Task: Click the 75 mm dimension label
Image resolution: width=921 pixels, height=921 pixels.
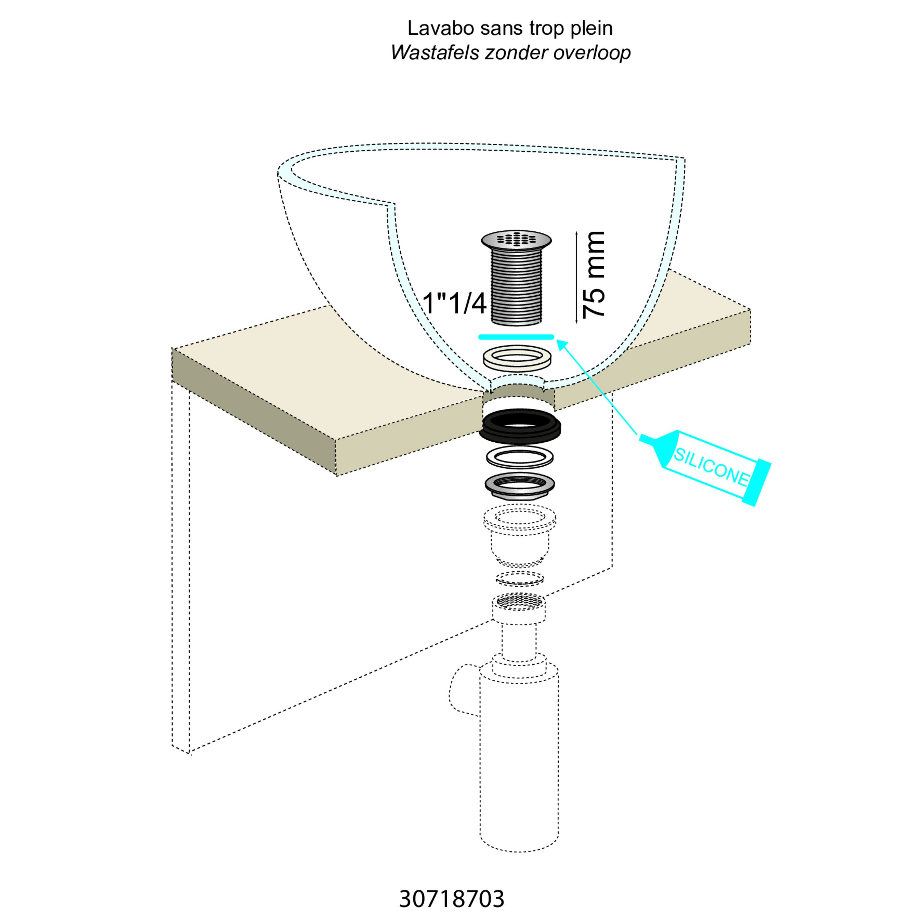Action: [x=593, y=275]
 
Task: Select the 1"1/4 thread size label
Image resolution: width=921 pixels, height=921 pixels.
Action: [x=455, y=303]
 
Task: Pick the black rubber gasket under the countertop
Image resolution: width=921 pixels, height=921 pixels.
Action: [x=520, y=426]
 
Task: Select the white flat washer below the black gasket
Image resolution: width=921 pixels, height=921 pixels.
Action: [x=520, y=458]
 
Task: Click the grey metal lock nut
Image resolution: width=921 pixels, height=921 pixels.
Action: [x=520, y=487]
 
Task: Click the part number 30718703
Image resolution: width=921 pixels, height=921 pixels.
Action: [x=451, y=899]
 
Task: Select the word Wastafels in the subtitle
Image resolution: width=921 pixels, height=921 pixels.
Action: [x=435, y=53]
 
